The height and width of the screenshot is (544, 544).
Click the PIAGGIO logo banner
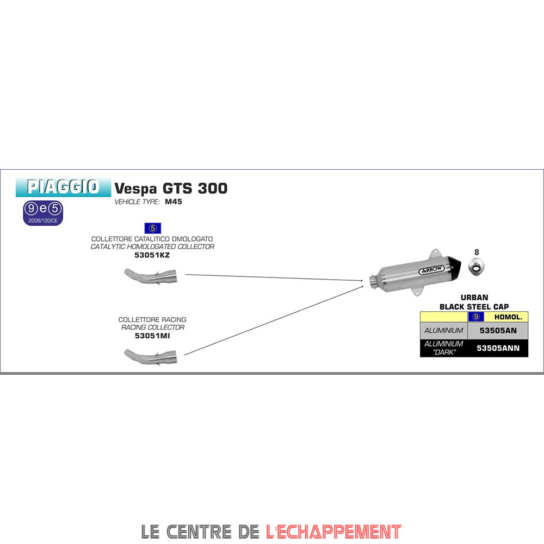pyautogui.click(x=63, y=187)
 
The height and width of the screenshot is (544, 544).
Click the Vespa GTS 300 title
pyautogui.click(x=171, y=188)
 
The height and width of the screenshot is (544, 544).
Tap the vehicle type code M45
pyautogui.click(x=174, y=202)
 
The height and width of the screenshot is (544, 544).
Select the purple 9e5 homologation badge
pyautogui.click(x=43, y=213)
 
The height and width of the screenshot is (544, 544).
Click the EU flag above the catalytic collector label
pyautogui.click(x=153, y=228)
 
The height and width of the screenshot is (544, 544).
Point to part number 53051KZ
pyautogui.click(x=152, y=255)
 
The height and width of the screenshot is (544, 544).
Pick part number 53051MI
pyautogui.click(x=152, y=336)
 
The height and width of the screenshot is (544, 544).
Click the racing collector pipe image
pyautogui.click(x=151, y=357)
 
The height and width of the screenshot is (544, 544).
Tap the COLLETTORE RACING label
pyautogui.click(x=152, y=319)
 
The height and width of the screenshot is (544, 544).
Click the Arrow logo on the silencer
pyautogui.click(x=431, y=270)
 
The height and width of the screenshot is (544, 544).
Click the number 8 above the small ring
pyautogui.click(x=477, y=252)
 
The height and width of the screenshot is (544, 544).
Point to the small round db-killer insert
pyautogui.click(x=477, y=267)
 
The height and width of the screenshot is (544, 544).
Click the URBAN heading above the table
pyautogui.click(x=474, y=298)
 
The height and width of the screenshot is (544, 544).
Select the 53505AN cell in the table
pyautogui.click(x=498, y=331)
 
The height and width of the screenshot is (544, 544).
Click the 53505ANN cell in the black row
pyautogui.click(x=498, y=348)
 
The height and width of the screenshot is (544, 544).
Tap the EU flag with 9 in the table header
pyautogui.click(x=476, y=317)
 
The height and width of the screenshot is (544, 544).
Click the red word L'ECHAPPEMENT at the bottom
pyautogui.click(x=333, y=532)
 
